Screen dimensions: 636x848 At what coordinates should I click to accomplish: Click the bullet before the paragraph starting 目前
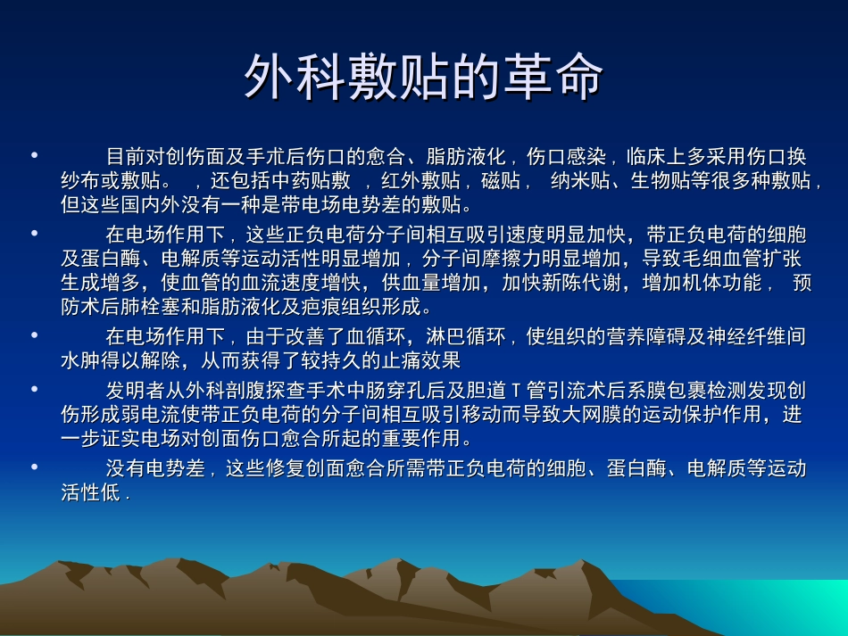(x=34, y=156)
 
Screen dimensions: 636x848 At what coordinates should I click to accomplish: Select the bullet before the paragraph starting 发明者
(x=34, y=390)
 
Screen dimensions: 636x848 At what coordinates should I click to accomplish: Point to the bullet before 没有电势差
(x=34, y=467)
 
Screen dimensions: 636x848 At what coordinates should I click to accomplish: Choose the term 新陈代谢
(x=572, y=284)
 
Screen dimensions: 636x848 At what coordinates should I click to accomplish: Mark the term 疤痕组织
(x=353, y=308)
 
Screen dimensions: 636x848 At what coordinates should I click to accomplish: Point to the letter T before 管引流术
(x=515, y=392)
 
